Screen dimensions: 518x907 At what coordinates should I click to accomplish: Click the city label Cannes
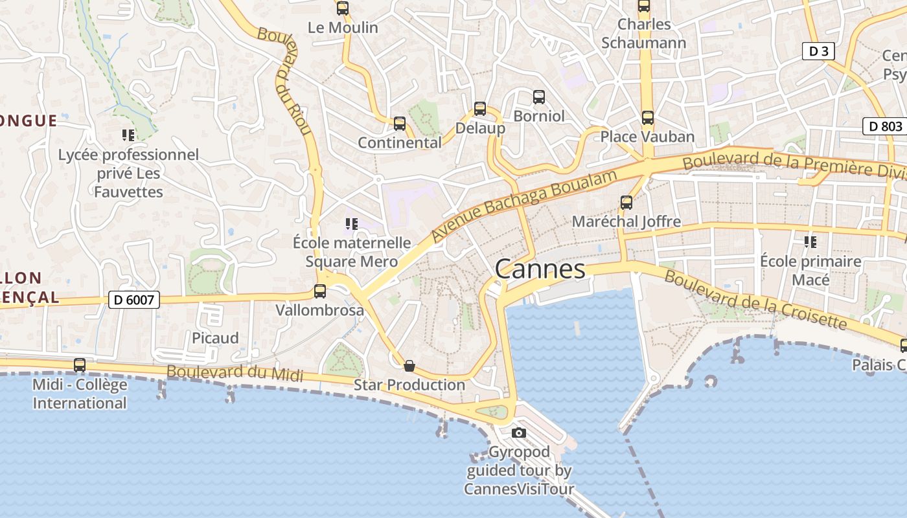(540, 269)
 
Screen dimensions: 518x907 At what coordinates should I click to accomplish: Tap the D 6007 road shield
(134, 299)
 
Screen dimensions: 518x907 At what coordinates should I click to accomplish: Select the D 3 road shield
(818, 51)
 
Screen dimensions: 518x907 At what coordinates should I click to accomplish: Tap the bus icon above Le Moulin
(343, 8)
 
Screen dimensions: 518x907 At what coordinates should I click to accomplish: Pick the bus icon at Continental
(400, 123)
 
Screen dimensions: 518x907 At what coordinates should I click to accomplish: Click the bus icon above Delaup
(480, 108)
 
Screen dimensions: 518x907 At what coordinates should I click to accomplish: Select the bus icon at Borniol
(539, 97)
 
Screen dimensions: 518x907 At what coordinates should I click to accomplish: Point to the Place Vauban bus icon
(647, 118)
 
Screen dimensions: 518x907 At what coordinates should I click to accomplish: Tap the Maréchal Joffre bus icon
(626, 202)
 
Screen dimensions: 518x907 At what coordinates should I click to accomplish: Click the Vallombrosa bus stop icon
(320, 291)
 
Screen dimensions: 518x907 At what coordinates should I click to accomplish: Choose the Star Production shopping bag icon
(409, 366)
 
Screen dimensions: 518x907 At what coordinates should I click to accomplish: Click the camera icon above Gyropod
(518, 433)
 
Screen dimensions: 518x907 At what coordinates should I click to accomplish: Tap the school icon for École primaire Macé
(810, 242)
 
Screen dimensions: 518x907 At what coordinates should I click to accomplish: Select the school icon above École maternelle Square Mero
(352, 224)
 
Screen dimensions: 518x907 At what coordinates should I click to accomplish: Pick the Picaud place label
(215, 338)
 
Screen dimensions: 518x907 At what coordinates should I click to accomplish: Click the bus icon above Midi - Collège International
(80, 365)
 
